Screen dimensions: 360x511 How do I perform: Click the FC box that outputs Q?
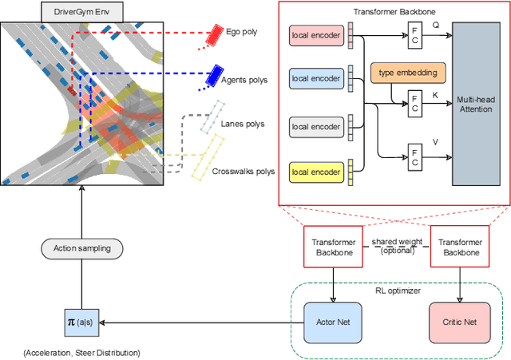click(414, 34)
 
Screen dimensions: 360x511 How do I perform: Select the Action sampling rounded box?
click(84, 249)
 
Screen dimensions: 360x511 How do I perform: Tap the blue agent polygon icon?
click(213, 75)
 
